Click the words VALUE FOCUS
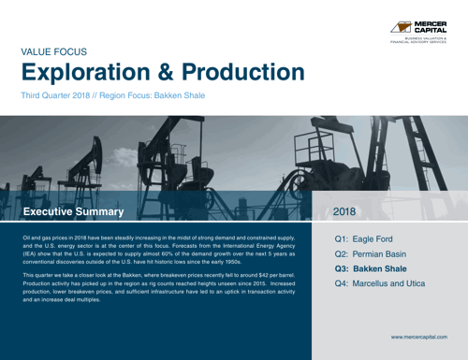54,54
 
